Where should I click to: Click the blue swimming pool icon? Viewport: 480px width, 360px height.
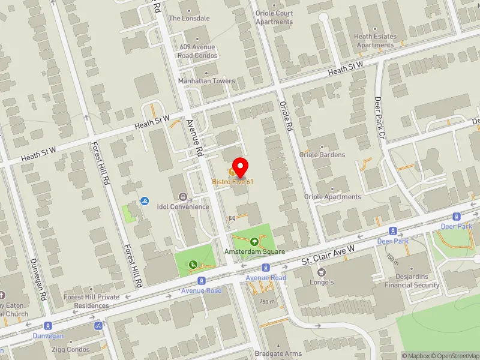click(x=145, y=200)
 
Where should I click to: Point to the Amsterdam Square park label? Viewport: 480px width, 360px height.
click(x=254, y=251)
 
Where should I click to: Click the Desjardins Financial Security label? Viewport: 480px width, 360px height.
click(x=413, y=281)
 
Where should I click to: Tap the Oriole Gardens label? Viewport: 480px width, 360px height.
click(x=322, y=155)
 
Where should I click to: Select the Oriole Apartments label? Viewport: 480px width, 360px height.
click(x=332, y=197)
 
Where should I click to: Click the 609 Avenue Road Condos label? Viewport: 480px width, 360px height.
click(x=197, y=51)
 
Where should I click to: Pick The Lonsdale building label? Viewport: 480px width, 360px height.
click(x=189, y=18)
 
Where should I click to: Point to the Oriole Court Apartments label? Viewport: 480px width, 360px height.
click(x=274, y=17)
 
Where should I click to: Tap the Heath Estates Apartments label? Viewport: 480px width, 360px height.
click(x=375, y=40)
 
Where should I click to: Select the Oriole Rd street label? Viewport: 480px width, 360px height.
click(x=286, y=117)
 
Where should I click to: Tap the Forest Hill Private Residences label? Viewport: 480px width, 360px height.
click(x=92, y=301)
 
